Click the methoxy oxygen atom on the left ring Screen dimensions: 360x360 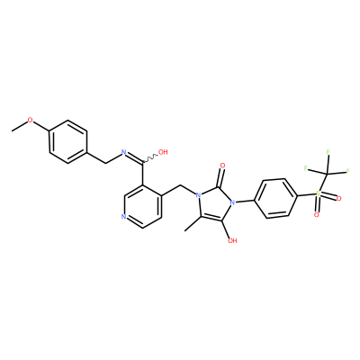[x=30, y=121]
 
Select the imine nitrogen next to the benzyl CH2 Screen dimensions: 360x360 [x=123, y=152]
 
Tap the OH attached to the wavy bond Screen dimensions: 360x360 [x=163, y=152]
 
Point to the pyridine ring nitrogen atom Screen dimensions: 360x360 [x=123, y=216]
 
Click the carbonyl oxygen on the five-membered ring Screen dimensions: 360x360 [x=222, y=166]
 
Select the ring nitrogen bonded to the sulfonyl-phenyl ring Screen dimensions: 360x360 [x=232, y=202]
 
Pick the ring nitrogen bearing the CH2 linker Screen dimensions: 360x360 [x=198, y=196]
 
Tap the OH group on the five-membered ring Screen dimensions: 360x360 [x=232, y=240]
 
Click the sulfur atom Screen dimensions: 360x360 [x=319, y=193]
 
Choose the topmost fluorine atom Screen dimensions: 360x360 [x=328, y=152]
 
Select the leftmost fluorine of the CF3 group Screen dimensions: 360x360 [x=306, y=168]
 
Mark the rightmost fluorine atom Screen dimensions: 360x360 [x=348, y=171]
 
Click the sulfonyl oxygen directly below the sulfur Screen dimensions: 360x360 [x=316, y=215]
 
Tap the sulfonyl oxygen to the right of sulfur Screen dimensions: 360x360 [x=339, y=198]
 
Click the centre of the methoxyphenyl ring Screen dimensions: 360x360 [x=68, y=142]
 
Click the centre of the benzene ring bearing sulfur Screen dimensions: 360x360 [x=276, y=198]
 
